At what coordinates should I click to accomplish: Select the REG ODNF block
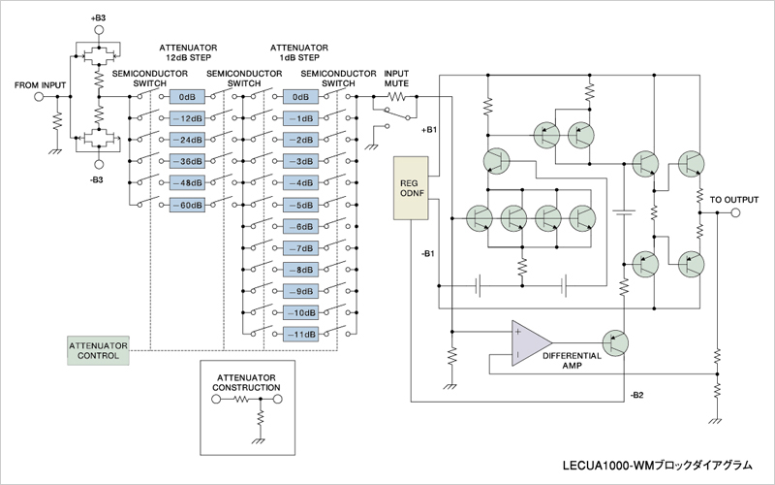411,186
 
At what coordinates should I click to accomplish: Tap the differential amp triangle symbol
528,343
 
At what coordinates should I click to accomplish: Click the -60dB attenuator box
187,204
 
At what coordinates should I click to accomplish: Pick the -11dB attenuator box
301,334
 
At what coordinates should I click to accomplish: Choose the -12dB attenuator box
187,118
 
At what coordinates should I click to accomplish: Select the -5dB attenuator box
301,205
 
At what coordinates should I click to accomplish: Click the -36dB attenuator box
187,161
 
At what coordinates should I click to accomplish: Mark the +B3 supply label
98,18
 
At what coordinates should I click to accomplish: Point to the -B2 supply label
635,396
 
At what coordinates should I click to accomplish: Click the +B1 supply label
430,129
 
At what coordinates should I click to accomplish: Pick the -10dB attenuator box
301,312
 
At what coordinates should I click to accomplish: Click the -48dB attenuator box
187,182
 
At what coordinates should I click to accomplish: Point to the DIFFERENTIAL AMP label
572,362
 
